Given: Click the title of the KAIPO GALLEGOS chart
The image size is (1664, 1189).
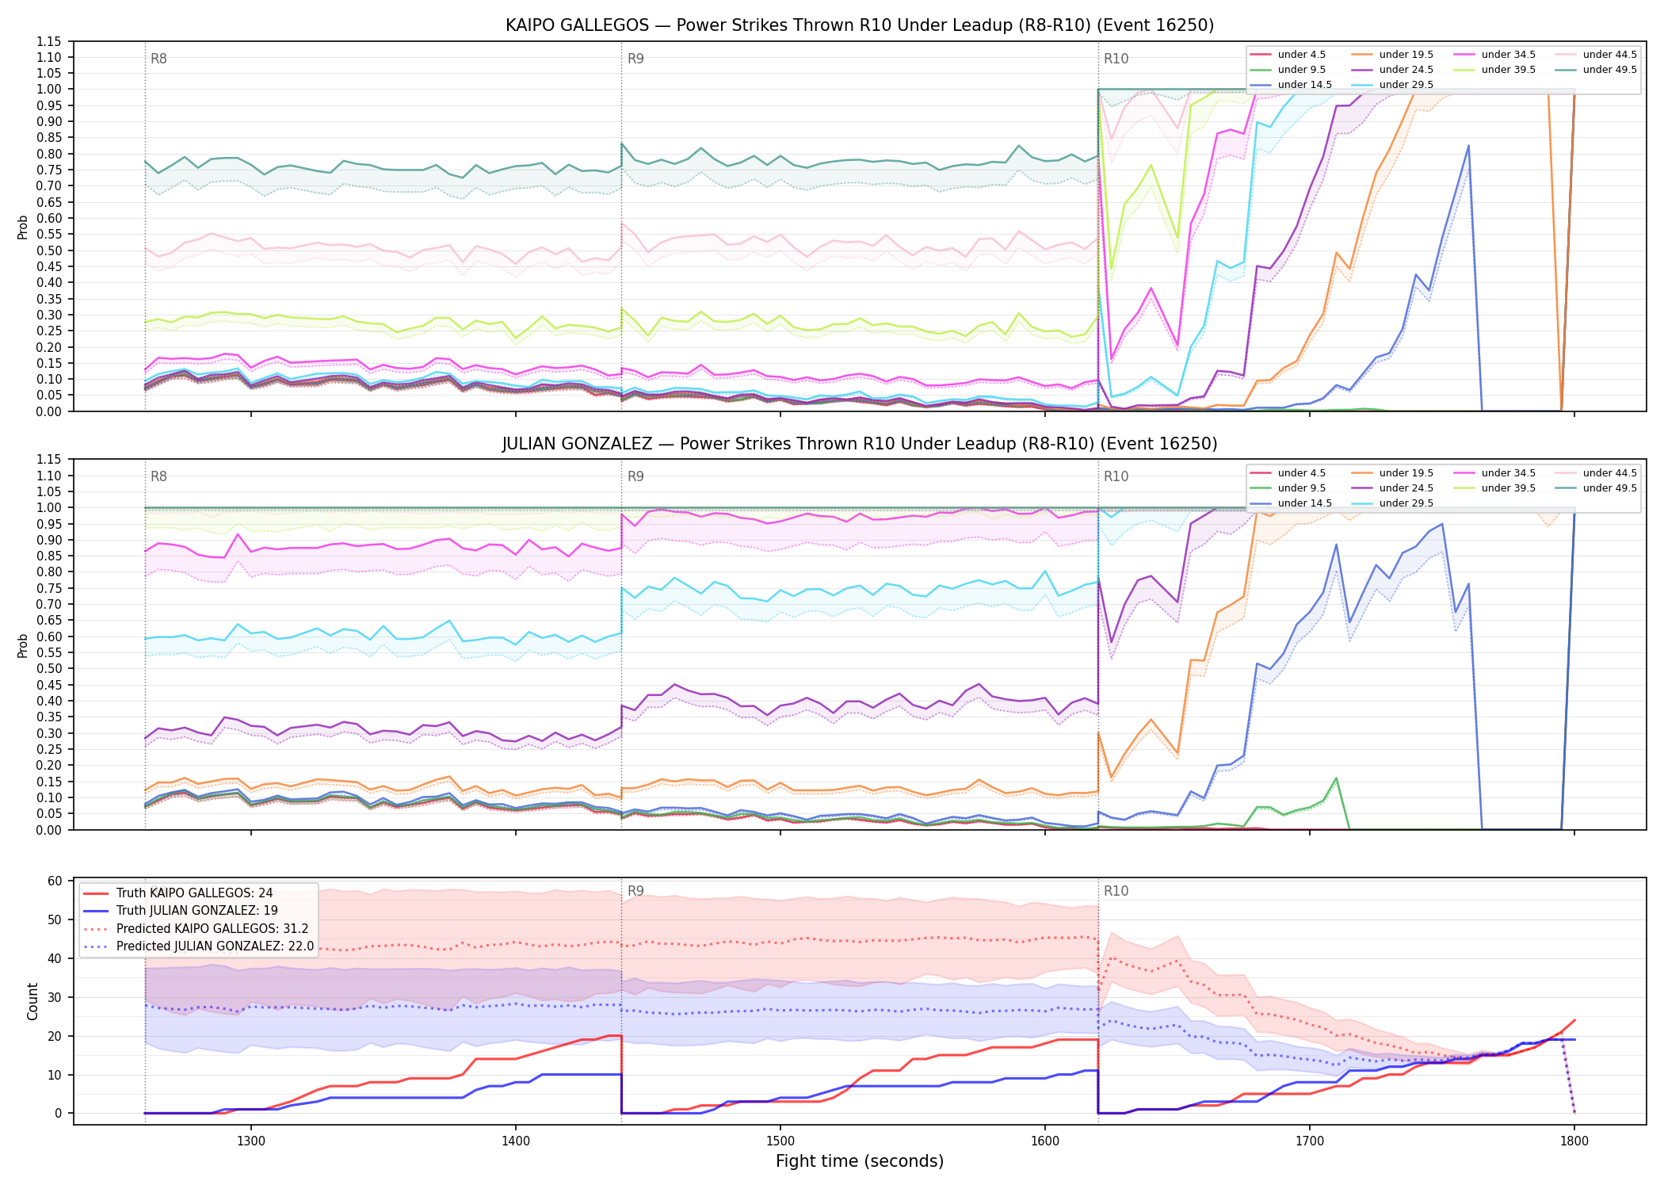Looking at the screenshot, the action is [860, 25].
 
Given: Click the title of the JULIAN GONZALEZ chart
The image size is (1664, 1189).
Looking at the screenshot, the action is [860, 444].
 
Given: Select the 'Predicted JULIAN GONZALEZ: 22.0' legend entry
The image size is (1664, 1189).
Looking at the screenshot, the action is [198, 946].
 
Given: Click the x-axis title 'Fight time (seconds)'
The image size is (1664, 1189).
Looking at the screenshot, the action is [860, 1161].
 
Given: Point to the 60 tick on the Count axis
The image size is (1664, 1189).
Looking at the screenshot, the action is [55, 881].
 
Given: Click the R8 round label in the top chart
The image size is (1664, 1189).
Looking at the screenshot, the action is [158, 59].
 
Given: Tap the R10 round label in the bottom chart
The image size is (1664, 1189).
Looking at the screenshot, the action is [1116, 891].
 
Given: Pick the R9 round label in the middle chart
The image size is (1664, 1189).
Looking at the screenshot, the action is [635, 476].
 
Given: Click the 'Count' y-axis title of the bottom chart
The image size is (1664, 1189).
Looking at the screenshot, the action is [32, 1001].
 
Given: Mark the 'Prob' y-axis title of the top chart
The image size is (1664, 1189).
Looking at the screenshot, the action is [23, 227].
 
